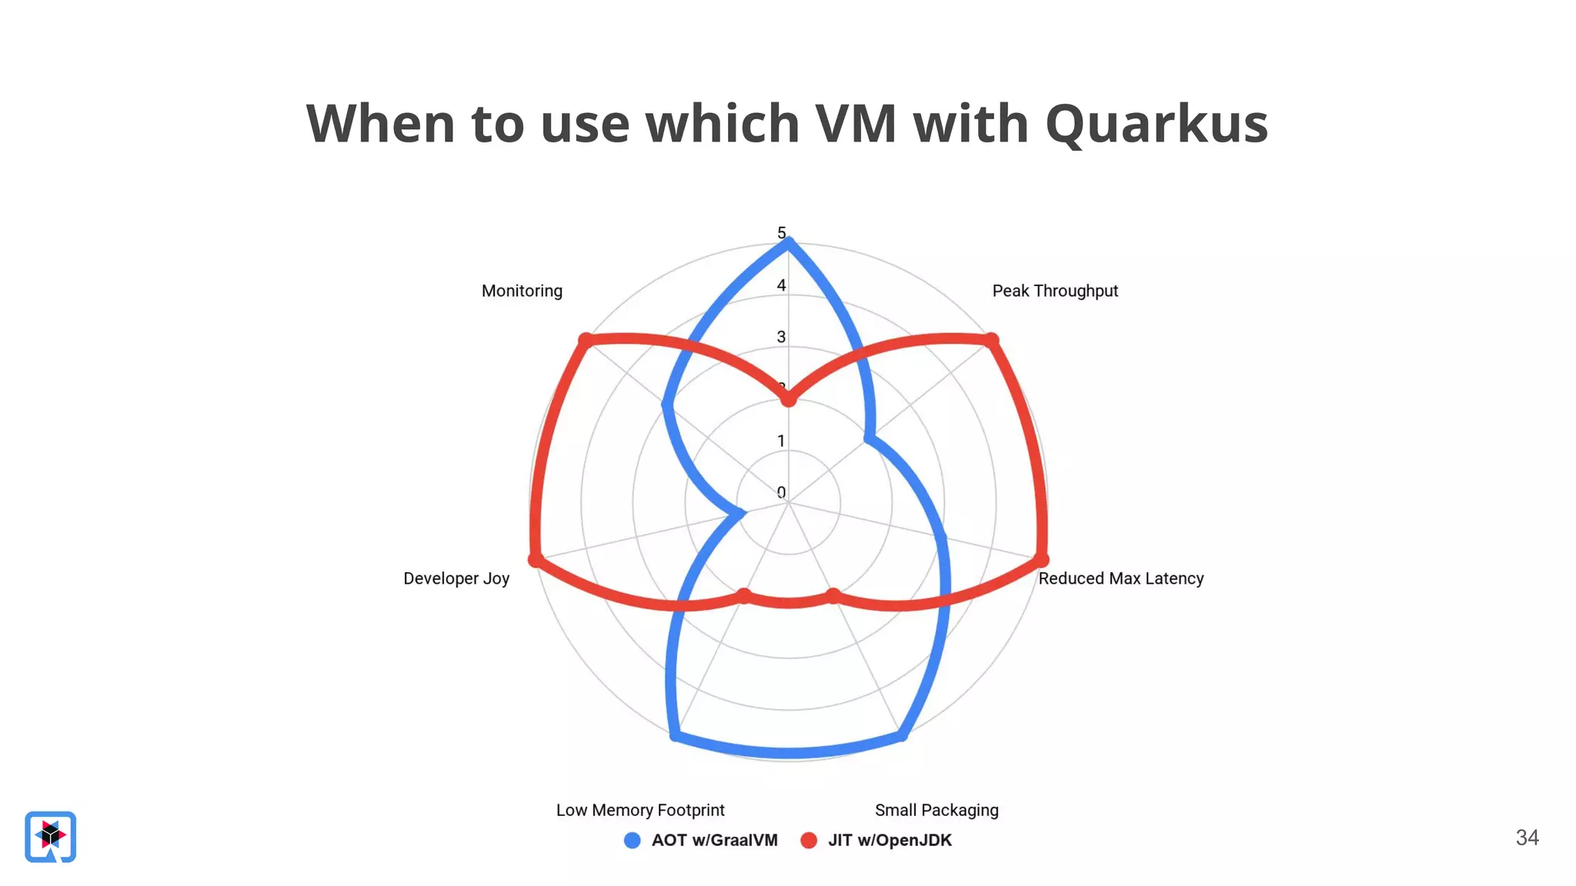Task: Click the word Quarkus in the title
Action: [x=1156, y=125]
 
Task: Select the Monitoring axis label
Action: [x=522, y=291]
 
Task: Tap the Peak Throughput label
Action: [x=1054, y=291]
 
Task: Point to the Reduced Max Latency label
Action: [x=1120, y=578]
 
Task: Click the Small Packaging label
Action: [x=936, y=810]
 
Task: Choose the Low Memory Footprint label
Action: [x=640, y=810]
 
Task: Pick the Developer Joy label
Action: [x=456, y=578]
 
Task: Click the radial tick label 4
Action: [x=781, y=285]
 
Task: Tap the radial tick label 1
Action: [x=781, y=441]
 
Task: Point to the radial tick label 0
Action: [x=781, y=492]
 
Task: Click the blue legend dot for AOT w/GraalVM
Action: [x=632, y=841]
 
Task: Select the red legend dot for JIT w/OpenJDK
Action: [x=808, y=841]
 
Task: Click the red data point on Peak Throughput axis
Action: [x=991, y=340]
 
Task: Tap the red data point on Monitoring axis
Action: [x=586, y=340]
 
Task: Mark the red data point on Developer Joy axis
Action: [x=536, y=559]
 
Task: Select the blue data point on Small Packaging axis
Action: [x=902, y=736]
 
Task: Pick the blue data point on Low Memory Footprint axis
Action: [x=675, y=736]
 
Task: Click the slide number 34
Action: [x=1527, y=838]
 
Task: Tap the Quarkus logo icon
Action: [x=51, y=836]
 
